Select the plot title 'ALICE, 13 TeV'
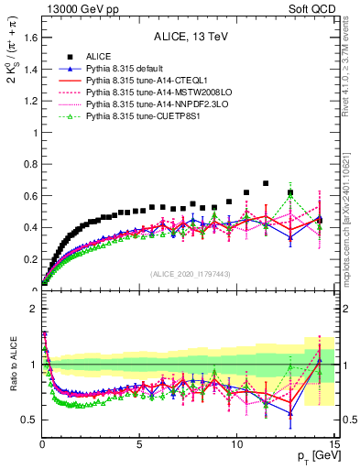coord(189,38)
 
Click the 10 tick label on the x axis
coord(236,444)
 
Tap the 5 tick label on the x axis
coord(139,444)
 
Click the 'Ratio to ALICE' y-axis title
coord(12,365)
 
